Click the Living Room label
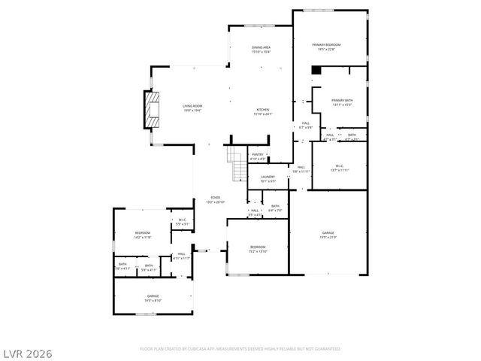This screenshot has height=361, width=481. tap(192, 108)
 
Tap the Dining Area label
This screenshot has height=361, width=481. tap(261, 50)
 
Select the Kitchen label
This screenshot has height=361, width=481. tap(264, 111)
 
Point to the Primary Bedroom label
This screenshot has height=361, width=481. tap(327, 47)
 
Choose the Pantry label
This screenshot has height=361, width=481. tap(258, 156)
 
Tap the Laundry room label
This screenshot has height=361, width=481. tap(268, 179)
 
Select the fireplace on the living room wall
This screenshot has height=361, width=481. tap(153, 111)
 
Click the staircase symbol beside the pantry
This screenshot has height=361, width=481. tap(237, 163)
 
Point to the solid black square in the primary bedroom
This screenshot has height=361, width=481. tap(316, 71)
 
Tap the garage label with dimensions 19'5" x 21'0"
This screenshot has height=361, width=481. tap(328, 235)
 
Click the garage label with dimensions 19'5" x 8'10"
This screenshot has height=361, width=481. tap(153, 299)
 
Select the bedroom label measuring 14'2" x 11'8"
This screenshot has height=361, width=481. tap(143, 235)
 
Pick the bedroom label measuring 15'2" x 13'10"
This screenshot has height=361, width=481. tap(258, 248)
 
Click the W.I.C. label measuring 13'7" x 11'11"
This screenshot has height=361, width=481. tap(339, 168)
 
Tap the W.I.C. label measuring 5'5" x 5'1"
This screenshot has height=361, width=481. tap(183, 222)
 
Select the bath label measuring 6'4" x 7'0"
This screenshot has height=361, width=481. tap(275, 208)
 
